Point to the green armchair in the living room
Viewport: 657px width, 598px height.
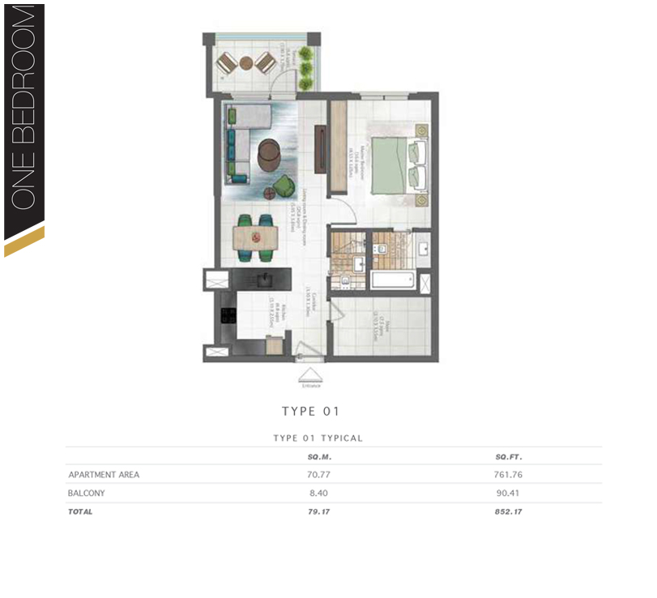[x=282, y=186]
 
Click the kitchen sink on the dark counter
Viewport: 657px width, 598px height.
[x=262, y=280]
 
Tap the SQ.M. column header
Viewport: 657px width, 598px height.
[x=310, y=457]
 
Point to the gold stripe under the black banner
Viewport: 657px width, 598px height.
[x=24, y=242]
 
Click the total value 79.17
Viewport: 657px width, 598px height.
[x=311, y=512]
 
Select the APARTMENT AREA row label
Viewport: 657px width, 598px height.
[x=104, y=475]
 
